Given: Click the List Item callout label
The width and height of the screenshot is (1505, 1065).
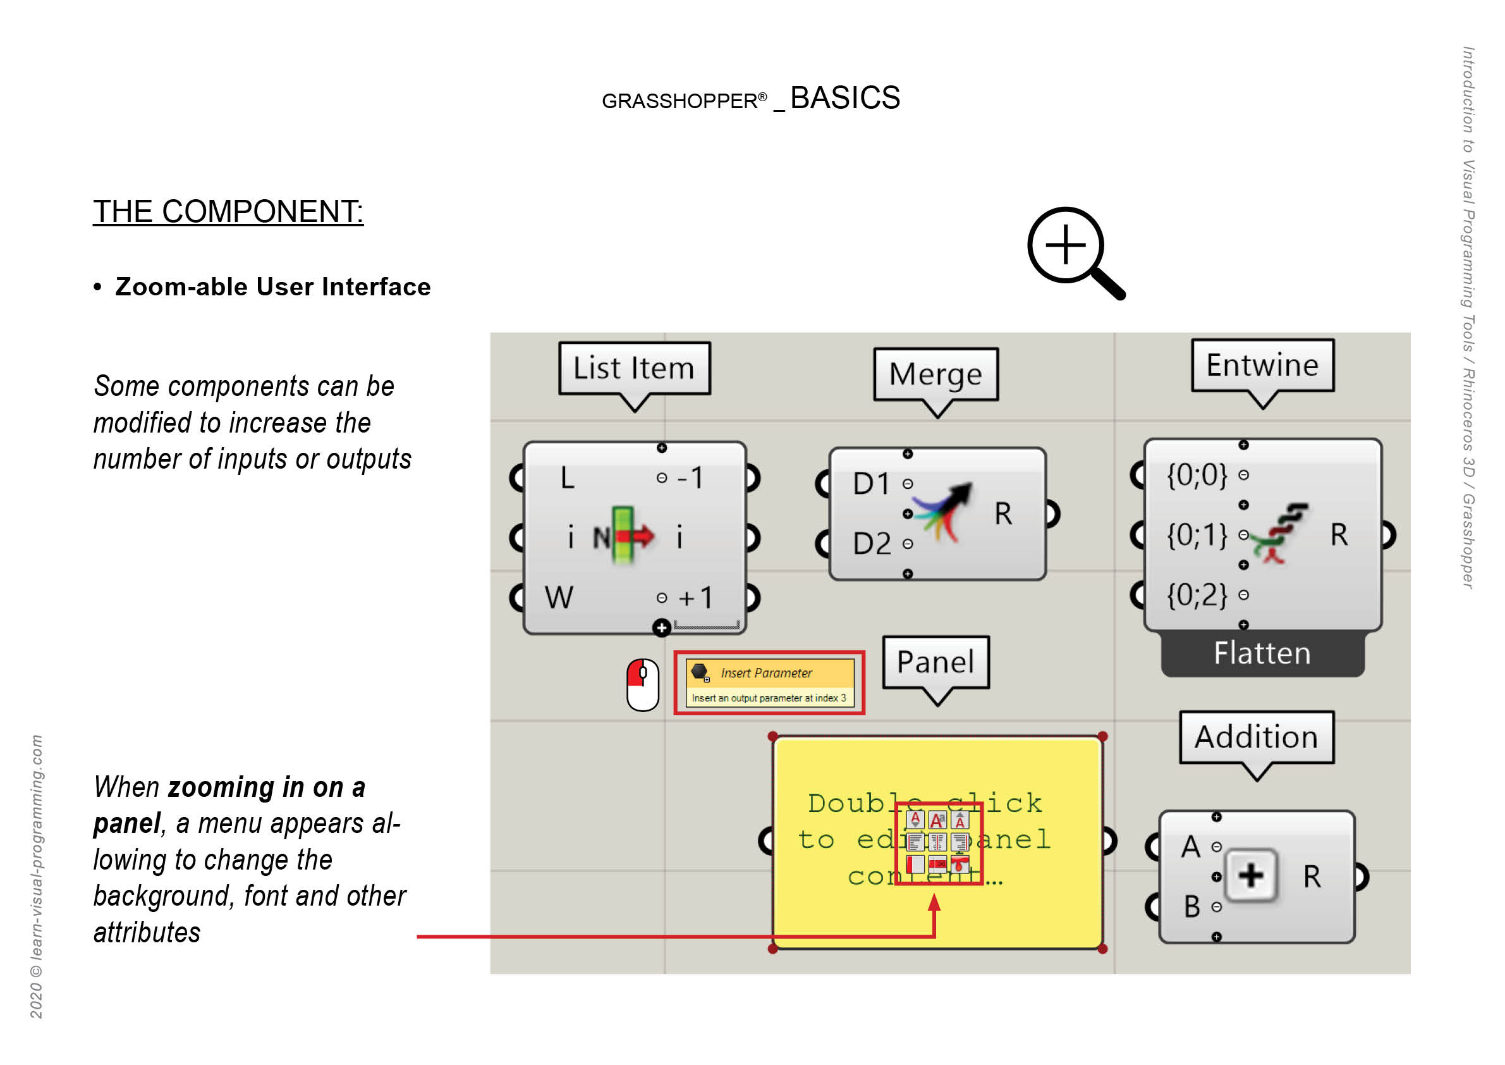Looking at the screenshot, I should [x=634, y=369].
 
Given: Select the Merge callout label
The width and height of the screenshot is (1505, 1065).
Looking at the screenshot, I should [x=935, y=374].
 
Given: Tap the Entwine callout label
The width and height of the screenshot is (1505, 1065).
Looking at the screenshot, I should [x=1262, y=366].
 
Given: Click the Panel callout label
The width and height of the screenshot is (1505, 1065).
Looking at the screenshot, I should [x=935, y=662].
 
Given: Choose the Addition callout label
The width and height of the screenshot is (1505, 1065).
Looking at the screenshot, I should [x=1256, y=738].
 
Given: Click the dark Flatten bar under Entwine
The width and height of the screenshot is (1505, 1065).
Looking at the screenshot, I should [x=1262, y=654].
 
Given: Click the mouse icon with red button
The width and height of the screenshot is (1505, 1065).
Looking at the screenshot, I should [x=642, y=685].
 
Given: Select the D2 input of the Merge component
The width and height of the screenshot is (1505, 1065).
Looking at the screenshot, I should [x=872, y=544].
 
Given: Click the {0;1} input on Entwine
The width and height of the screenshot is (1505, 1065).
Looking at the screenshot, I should [x=1197, y=535].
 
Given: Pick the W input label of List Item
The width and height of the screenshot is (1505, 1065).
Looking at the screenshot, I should [x=559, y=598].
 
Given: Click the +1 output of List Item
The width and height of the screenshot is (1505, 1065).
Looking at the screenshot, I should [x=695, y=598].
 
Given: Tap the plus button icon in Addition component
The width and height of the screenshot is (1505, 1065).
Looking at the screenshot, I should [x=1251, y=876].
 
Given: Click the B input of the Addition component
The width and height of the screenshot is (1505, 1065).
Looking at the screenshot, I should [x=1191, y=907].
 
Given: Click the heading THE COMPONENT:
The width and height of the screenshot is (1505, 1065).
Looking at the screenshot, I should [x=228, y=212].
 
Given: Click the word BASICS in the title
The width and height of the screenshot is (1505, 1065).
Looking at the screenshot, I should [x=845, y=99].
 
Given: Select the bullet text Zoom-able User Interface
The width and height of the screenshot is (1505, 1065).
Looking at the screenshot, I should [x=272, y=287].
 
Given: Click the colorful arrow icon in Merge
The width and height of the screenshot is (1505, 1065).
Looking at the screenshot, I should [x=944, y=512].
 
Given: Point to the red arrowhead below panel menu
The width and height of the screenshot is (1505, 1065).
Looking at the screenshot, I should [x=935, y=904].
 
